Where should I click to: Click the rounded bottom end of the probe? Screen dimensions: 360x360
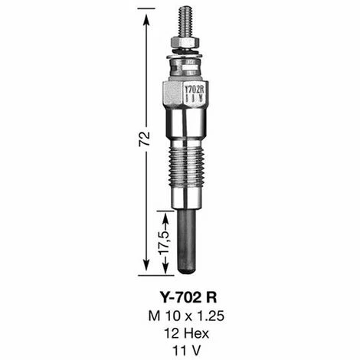(x=187, y=270)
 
